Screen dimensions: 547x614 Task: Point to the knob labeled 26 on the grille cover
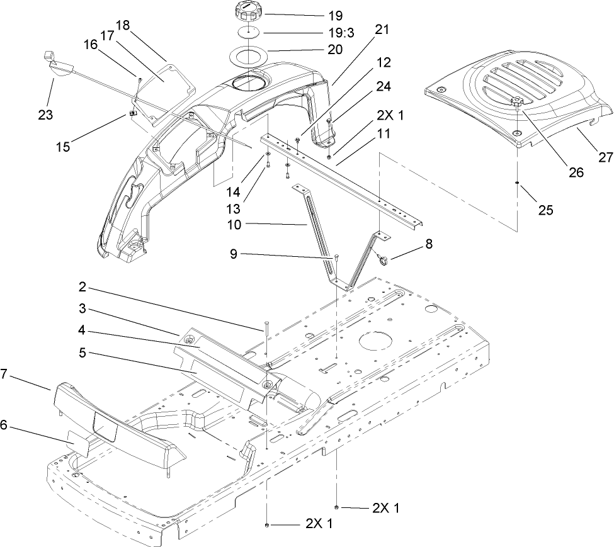click(x=516, y=102)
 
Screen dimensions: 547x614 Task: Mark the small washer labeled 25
click(x=516, y=183)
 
